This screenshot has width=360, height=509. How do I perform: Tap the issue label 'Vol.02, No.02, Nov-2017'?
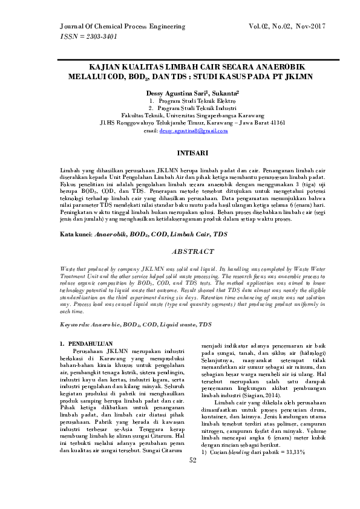coord(287,27)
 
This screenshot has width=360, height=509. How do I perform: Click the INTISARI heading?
coord(180,153)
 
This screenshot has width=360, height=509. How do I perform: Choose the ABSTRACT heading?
coord(180,251)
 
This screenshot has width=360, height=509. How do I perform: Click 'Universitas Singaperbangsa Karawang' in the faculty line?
coord(206,115)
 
